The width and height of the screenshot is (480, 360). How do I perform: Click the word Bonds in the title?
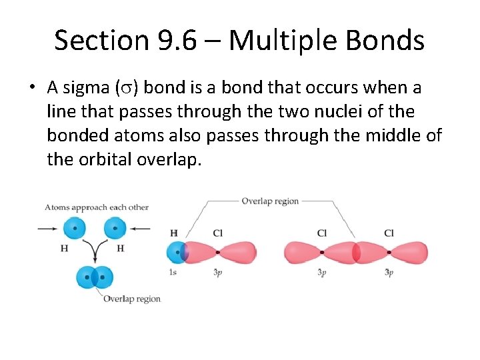pyautogui.click(x=391, y=40)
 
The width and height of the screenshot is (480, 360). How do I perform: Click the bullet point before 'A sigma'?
pyautogui.click(x=32, y=88)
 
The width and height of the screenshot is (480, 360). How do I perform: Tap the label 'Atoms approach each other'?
pyautogui.click(x=97, y=207)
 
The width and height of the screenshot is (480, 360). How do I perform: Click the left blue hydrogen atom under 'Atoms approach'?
pyautogui.click(x=75, y=229)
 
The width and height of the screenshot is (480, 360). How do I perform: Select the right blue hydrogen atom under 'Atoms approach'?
pyautogui.click(x=115, y=229)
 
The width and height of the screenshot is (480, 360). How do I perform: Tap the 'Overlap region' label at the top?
pyautogui.click(x=269, y=201)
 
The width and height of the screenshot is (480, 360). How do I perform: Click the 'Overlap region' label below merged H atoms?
pyautogui.click(x=131, y=299)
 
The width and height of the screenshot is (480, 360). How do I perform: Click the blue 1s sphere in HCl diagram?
pyautogui.click(x=177, y=253)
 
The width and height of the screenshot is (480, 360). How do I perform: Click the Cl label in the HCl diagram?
pyautogui.click(x=218, y=233)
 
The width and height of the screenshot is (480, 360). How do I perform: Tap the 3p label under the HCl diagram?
pyautogui.click(x=217, y=273)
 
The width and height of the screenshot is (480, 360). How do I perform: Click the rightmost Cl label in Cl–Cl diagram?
pyautogui.click(x=389, y=233)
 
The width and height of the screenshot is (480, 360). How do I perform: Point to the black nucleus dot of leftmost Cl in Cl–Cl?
pyautogui.click(x=322, y=253)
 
